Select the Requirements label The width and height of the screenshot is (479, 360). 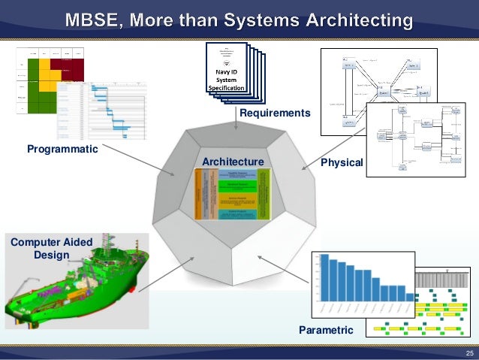[x=274, y=113]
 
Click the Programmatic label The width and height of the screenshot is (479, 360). [x=62, y=149]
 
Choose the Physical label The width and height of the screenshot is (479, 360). [x=342, y=162]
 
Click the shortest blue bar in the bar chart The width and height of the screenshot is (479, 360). [x=408, y=297]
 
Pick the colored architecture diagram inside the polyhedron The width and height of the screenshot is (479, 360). [x=232, y=194]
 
